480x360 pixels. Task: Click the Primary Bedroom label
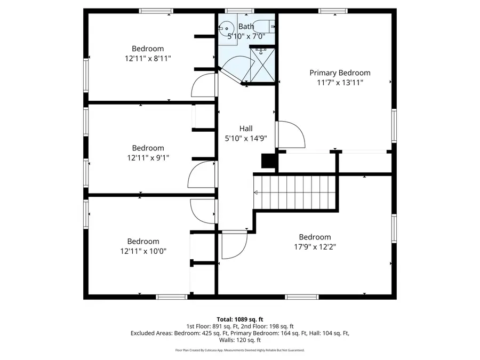tap(340, 73)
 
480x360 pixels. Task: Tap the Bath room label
tap(246, 26)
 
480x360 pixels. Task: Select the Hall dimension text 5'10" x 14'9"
tap(246, 138)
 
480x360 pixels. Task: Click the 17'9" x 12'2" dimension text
tap(315, 246)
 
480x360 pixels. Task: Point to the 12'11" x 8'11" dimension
tap(148, 58)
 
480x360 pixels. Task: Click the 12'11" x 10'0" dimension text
tap(143, 251)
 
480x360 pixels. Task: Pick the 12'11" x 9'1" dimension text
tap(148, 157)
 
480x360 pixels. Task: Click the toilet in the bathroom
tap(263, 26)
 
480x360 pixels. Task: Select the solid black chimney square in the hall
tap(267, 162)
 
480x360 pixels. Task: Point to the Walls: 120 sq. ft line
tap(239, 340)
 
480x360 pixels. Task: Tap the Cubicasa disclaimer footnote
tap(239, 350)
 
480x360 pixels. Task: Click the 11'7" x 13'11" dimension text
tap(340, 82)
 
